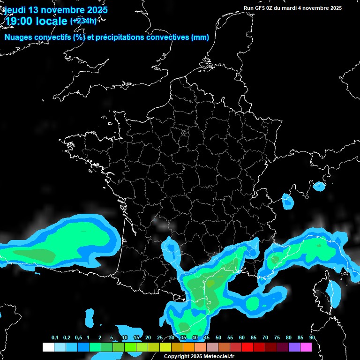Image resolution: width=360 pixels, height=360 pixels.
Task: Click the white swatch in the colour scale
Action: tap(48, 347)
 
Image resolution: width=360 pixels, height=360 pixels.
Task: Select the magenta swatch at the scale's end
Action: tap(306, 347)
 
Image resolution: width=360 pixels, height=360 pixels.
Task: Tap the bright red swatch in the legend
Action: tap(247, 347)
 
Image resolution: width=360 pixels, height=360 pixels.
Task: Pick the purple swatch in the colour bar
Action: tap(294, 347)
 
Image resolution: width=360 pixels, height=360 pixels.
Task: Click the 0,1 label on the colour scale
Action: tap(55, 338)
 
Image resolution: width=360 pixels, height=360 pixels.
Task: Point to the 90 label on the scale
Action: tap(312, 338)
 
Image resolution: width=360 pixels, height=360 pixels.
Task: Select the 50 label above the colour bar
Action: tap(218, 338)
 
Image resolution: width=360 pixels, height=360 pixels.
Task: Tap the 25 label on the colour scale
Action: tap(160, 338)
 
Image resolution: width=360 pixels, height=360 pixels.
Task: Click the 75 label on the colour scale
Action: tap(277, 338)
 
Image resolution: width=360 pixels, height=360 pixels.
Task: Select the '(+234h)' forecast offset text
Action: tap(83, 21)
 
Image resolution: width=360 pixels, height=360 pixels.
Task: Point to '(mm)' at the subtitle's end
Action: tap(200, 37)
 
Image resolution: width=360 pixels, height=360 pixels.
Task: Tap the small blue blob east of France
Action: tap(287, 201)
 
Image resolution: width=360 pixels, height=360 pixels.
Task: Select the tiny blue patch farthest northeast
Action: tap(319, 186)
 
